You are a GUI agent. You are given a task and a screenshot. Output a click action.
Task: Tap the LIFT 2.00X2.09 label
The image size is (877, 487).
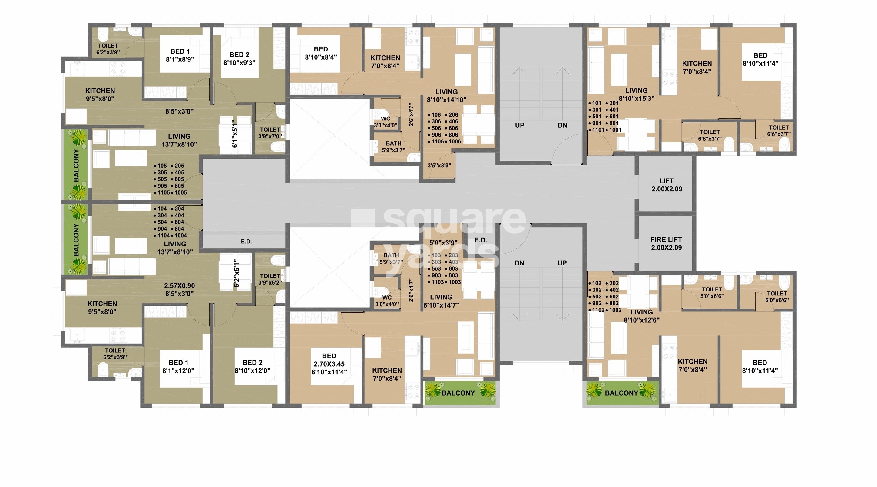[666, 185]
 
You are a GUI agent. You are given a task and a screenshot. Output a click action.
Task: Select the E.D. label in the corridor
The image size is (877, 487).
[246, 242]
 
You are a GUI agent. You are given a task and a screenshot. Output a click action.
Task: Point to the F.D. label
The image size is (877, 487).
[481, 240]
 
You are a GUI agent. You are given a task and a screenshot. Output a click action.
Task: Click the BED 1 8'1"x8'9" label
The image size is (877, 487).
[180, 55]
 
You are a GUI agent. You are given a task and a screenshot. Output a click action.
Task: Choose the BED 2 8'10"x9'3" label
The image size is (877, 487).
[239, 58]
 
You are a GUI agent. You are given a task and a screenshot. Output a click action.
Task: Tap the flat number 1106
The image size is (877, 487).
[438, 142]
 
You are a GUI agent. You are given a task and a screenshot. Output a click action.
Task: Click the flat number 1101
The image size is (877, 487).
[598, 130]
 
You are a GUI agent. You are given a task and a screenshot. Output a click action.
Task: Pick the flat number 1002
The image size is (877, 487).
[615, 310]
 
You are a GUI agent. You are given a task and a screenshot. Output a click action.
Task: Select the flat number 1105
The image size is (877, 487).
[164, 192]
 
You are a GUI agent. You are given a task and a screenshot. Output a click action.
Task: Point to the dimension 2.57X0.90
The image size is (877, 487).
[179, 286]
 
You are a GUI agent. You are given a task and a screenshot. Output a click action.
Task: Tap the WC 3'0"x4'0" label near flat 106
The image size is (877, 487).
[386, 122]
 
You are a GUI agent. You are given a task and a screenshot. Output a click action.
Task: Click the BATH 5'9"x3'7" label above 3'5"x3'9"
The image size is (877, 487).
[393, 147]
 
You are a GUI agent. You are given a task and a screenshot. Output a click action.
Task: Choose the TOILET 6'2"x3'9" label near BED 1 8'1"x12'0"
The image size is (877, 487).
[115, 354]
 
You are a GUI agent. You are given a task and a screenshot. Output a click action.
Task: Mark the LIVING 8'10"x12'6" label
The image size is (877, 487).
[641, 316]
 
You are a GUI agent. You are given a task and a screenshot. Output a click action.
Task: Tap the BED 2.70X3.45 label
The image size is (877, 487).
[329, 364]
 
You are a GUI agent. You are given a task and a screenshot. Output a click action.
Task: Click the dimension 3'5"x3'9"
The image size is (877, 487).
[439, 165]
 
